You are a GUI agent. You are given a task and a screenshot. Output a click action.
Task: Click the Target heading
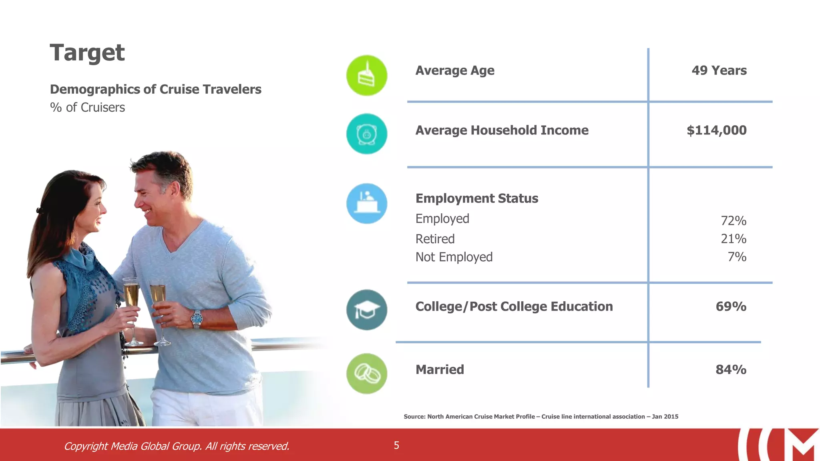(87, 52)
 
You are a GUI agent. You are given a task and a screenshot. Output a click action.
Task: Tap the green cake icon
(366, 75)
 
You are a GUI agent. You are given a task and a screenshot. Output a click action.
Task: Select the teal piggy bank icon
(366, 134)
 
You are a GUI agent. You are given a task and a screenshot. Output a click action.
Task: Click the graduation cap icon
(366, 310)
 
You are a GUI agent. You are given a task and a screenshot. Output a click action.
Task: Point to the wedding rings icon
(366, 373)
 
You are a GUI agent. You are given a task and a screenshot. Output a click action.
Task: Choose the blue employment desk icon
(366, 203)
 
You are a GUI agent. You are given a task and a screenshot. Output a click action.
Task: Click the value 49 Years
(719, 70)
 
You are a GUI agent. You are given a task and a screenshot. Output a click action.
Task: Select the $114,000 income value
(716, 130)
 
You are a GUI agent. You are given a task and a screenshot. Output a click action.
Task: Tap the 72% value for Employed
(733, 220)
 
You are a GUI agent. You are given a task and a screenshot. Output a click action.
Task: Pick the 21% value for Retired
(733, 239)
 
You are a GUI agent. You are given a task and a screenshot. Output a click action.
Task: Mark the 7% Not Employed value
(737, 257)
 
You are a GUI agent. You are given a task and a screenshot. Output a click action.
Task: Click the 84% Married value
(731, 369)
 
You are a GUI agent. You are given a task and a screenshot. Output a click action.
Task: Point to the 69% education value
(731, 306)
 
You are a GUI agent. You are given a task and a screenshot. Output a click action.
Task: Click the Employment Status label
(476, 198)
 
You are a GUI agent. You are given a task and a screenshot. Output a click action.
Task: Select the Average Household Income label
(502, 130)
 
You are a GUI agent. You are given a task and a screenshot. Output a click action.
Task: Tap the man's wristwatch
(197, 319)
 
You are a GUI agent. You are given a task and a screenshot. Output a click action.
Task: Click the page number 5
(396, 445)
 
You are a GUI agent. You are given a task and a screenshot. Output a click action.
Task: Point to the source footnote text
(541, 417)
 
